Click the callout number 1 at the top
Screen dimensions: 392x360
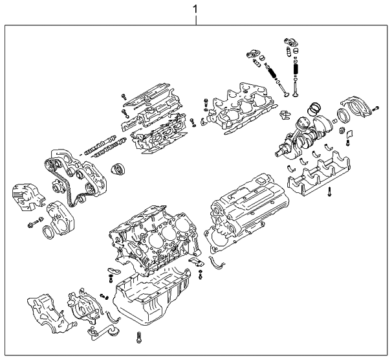click(x=195, y=9)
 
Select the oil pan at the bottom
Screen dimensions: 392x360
click(x=151, y=298)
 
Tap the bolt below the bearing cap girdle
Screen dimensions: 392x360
click(x=329, y=192)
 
